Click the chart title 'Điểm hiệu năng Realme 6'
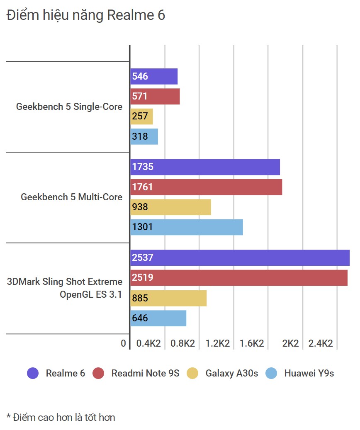click(x=86, y=15)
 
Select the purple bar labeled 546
click(x=154, y=76)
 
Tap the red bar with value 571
click(x=155, y=96)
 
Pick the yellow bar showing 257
click(x=141, y=117)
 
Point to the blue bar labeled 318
click(x=144, y=136)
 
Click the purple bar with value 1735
click(x=205, y=167)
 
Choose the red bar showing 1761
click(x=206, y=187)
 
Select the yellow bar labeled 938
click(x=170, y=207)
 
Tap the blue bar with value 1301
click(x=187, y=227)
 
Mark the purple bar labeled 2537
click(x=240, y=258)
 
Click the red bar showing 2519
click(x=239, y=277)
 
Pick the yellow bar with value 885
click(x=168, y=298)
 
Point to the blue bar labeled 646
click(x=158, y=318)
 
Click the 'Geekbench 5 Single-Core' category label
click(x=69, y=107)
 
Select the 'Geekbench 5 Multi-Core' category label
click(x=71, y=197)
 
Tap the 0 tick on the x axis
click(x=123, y=343)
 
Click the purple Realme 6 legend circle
click(x=33, y=373)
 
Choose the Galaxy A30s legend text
click(x=231, y=373)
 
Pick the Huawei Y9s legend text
click(x=309, y=373)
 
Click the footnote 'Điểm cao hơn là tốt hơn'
click(x=61, y=417)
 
